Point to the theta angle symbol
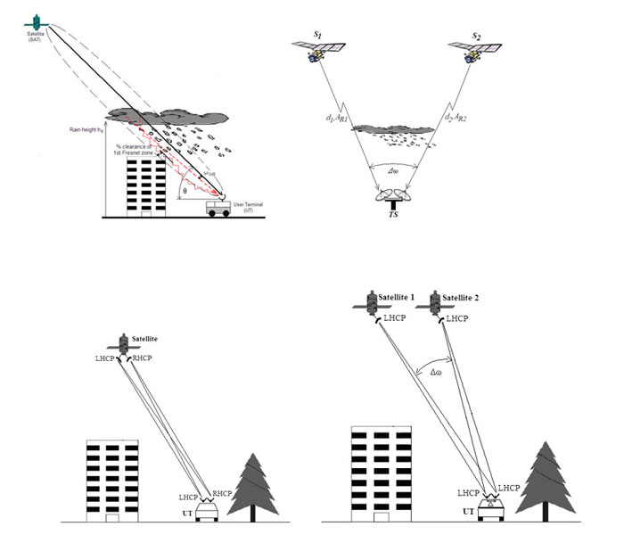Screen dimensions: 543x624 coord(185,191)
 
